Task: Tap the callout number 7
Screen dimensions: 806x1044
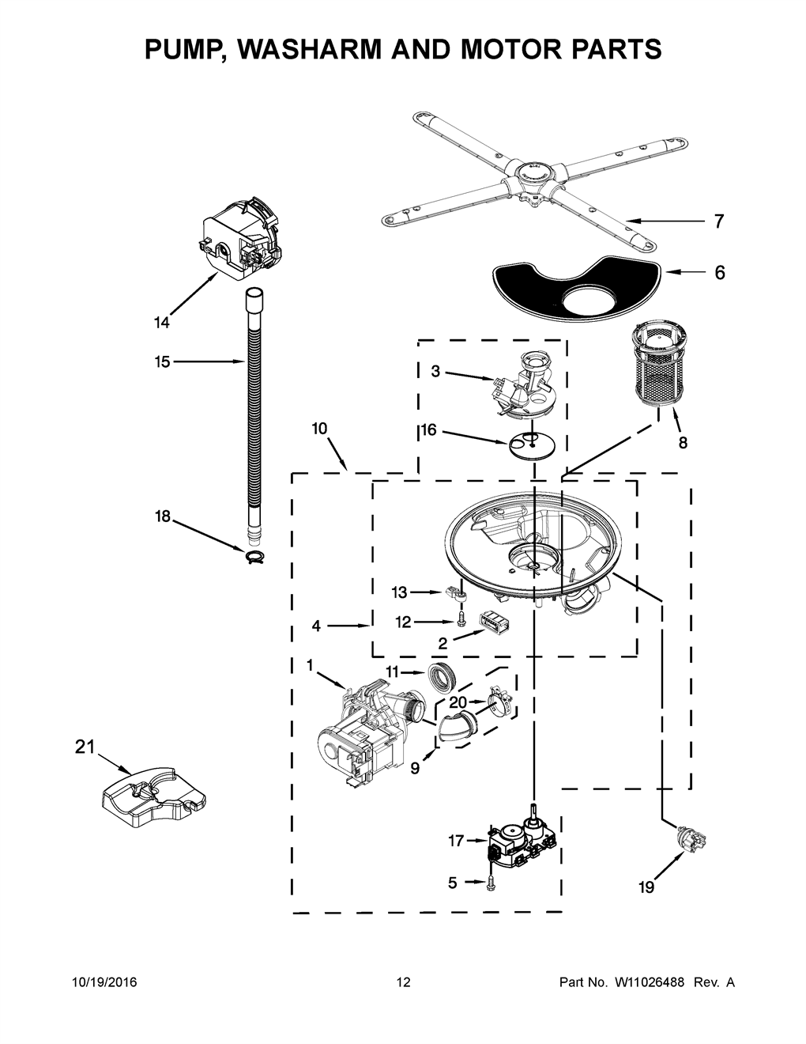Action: [718, 221]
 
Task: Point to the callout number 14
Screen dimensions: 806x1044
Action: [162, 323]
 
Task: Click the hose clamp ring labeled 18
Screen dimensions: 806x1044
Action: [255, 557]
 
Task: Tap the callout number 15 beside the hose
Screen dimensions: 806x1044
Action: [163, 361]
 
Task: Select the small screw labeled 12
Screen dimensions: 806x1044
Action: [461, 618]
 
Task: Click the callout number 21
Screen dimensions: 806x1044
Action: [85, 747]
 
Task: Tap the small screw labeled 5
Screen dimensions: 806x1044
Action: [490, 883]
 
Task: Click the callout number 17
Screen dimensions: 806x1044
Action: [456, 841]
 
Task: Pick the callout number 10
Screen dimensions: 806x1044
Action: [319, 429]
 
